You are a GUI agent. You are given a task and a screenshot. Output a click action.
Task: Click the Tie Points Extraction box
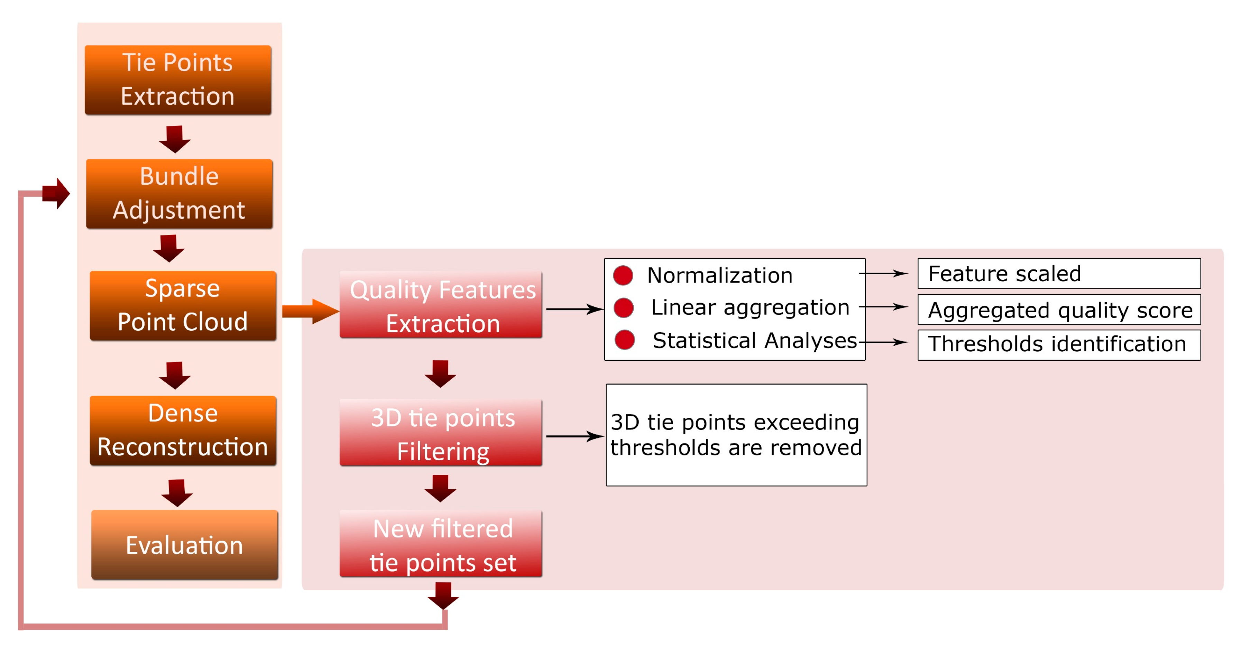coord(178,80)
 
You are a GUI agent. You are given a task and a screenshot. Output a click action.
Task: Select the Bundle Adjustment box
coord(179,194)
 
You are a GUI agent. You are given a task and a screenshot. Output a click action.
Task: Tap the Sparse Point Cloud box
coord(183,305)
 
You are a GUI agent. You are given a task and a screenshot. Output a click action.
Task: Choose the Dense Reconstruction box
coord(183,430)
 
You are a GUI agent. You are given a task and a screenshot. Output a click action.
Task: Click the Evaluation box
coord(184,544)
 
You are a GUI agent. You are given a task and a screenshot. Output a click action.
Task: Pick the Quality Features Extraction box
coord(441,305)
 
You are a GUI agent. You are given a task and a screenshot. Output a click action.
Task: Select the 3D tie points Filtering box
coord(441,433)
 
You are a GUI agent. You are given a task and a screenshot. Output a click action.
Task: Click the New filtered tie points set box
coord(441,544)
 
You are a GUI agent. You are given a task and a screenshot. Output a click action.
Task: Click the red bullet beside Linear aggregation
coord(623,307)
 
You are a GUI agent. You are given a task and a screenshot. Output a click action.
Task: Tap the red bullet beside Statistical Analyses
coord(624,340)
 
